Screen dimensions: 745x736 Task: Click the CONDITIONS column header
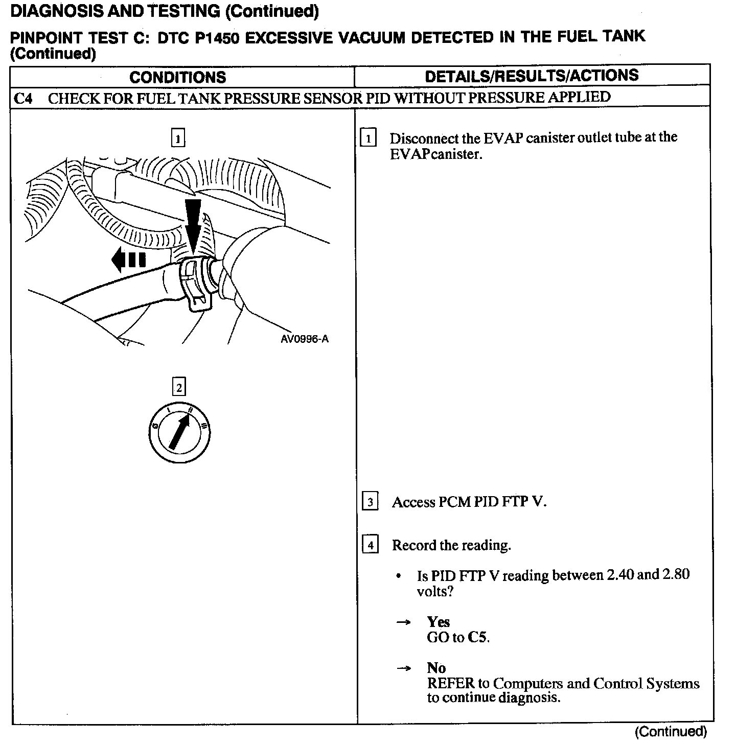point(177,77)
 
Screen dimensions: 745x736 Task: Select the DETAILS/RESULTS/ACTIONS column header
point(532,76)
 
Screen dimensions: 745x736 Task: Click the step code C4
point(22,98)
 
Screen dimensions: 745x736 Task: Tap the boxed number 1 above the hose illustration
point(177,138)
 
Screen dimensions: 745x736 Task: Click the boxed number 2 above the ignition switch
point(178,387)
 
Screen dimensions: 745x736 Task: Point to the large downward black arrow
point(193,225)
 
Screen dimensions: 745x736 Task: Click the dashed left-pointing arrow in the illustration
point(128,260)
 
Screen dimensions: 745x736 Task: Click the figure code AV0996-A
point(305,339)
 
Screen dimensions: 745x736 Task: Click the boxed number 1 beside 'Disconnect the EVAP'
point(369,138)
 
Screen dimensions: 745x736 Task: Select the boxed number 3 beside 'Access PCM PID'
point(370,502)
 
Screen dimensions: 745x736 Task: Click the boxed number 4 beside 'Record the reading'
point(370,545)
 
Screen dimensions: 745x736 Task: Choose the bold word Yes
point(438,622)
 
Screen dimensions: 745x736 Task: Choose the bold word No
point(436,668)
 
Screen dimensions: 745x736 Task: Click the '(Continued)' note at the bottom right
point(671,732)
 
